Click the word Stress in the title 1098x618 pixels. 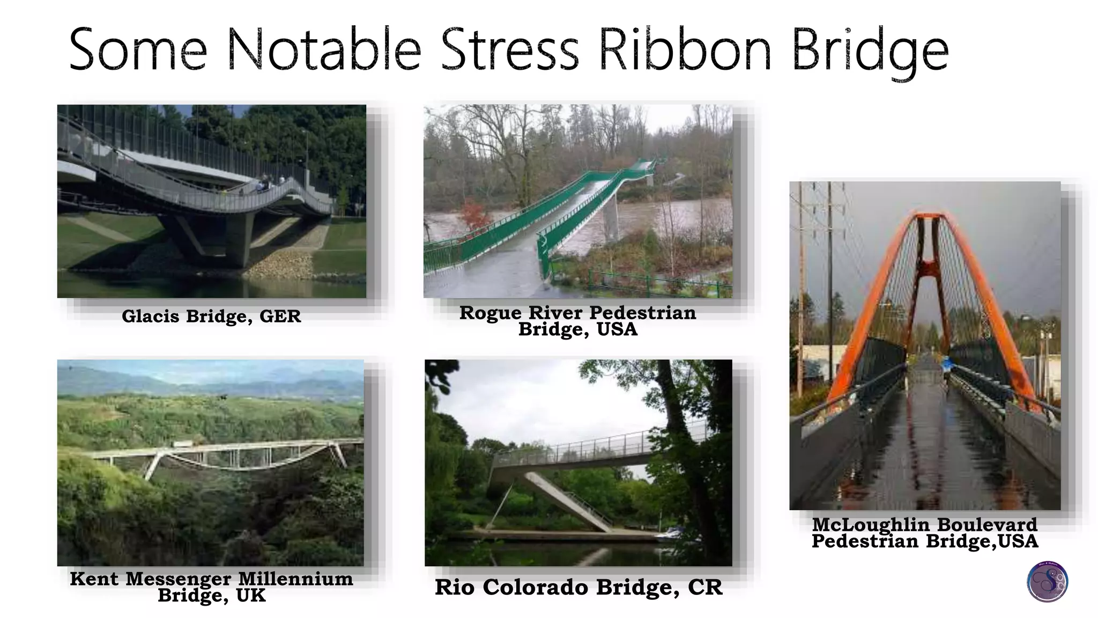(509, 50)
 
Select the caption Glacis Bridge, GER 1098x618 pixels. (211, 316)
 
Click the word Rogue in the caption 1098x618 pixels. (490, 312)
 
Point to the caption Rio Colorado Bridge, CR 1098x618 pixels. (578, 587)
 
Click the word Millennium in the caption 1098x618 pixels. (295, 579)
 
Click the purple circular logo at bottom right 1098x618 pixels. (1047, 582)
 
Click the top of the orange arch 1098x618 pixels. (929, 216)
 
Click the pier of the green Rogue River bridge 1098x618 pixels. (610, 220)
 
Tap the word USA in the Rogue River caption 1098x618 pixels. (617, 329)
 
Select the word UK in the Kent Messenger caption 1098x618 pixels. (250, 595)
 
